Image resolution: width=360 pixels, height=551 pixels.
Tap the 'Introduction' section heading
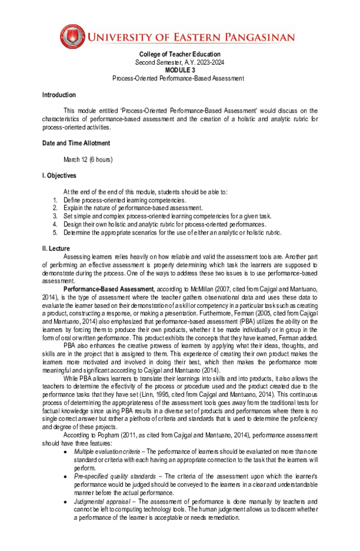[x=59, y=95]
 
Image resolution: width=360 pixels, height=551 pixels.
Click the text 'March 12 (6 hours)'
[x=88, y=159]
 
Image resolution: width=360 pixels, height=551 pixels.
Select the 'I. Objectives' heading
[x=59, y=176]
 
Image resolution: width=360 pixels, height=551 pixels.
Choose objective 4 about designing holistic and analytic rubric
[x=156, y=224]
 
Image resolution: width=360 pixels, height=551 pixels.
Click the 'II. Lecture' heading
[x=56, y=248]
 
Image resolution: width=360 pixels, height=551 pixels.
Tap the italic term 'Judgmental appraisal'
[x=98, y=501]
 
